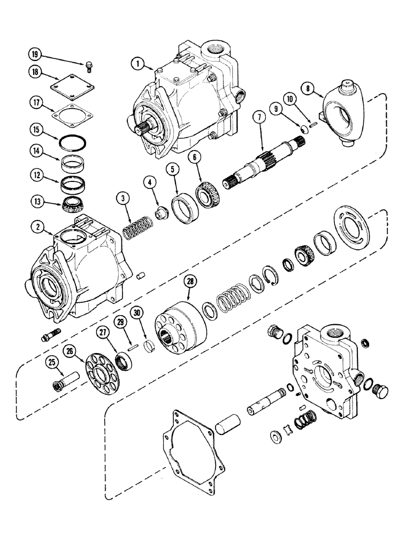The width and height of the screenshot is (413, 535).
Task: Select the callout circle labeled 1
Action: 138,64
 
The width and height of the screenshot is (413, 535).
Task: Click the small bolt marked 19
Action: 87,66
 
